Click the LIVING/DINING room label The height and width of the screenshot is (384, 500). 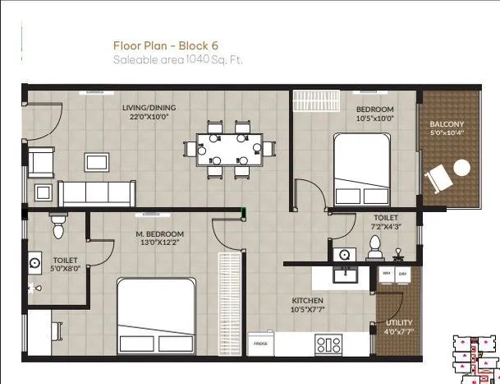tap(149, 108)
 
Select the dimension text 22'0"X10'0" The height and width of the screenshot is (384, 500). tap(149, 117)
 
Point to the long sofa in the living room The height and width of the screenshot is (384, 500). tap(95, 193)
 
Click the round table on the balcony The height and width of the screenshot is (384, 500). tap(461, 168)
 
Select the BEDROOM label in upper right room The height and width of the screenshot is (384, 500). tap(374, 109)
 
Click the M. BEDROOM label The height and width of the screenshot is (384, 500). tap(159, 234)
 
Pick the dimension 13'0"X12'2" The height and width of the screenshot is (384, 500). tap(159, 243)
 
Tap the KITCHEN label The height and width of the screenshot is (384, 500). tap(308, 301)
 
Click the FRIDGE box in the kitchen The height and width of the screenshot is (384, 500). tap(261, 342)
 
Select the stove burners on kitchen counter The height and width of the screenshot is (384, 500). tap(328, 344)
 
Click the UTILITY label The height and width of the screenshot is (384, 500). tap(399, 323)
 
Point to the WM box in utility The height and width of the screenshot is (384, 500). tap(386, 272)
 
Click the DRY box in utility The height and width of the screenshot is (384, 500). tap(402, 272)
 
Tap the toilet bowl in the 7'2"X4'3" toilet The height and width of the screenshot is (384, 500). tap(375, 244)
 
